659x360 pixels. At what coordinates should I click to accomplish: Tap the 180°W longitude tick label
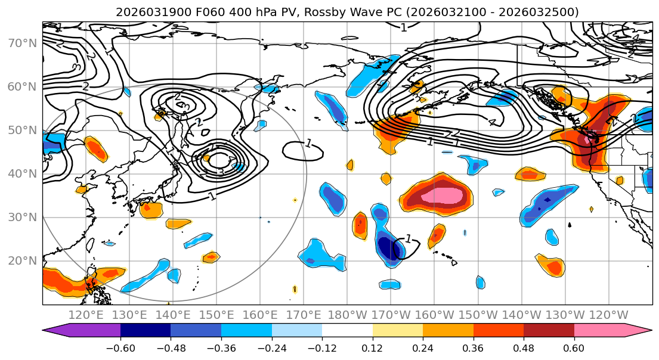tap(347, 315)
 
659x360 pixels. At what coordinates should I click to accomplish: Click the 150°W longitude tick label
tap(478, 315)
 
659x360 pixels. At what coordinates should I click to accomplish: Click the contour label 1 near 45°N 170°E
tap(308, 144)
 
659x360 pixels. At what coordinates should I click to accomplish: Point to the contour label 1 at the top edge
tap(404, 27)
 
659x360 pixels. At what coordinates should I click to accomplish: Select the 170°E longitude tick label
tap(304, 315)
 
